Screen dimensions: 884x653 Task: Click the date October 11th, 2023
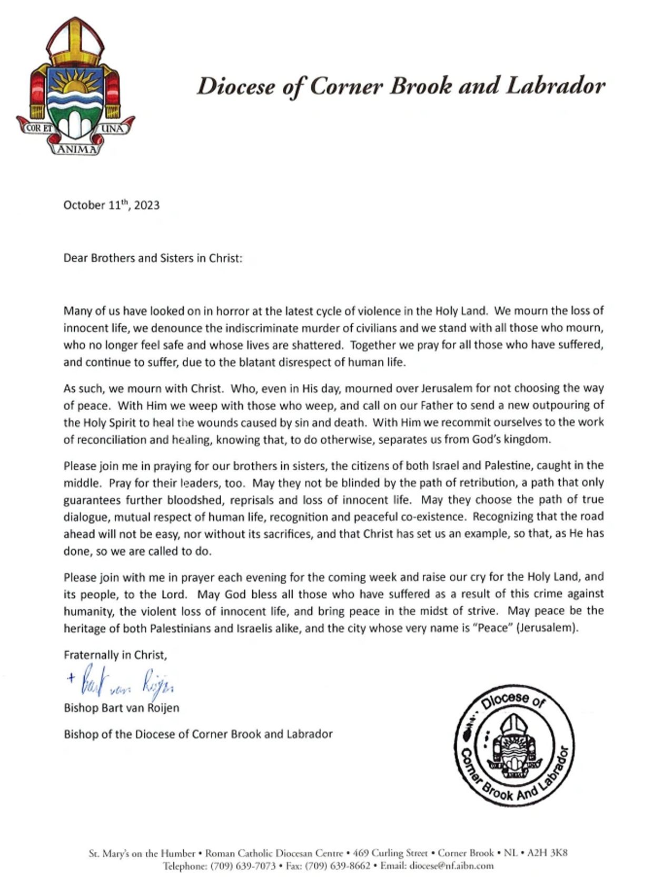point(111,205)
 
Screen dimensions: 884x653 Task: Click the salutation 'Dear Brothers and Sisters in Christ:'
point(153,258)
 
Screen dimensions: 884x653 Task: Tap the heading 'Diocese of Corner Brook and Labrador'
point(401,86)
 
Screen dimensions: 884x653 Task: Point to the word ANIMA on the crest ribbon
point(77,149)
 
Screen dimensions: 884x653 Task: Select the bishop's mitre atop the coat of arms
point(75,42)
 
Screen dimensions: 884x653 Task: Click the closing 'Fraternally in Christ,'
point(115,655)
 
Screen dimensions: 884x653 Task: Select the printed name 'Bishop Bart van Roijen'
point(121,707)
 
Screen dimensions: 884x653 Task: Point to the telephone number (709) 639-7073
point(243,866)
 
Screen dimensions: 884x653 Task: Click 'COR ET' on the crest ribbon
point(40,128)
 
